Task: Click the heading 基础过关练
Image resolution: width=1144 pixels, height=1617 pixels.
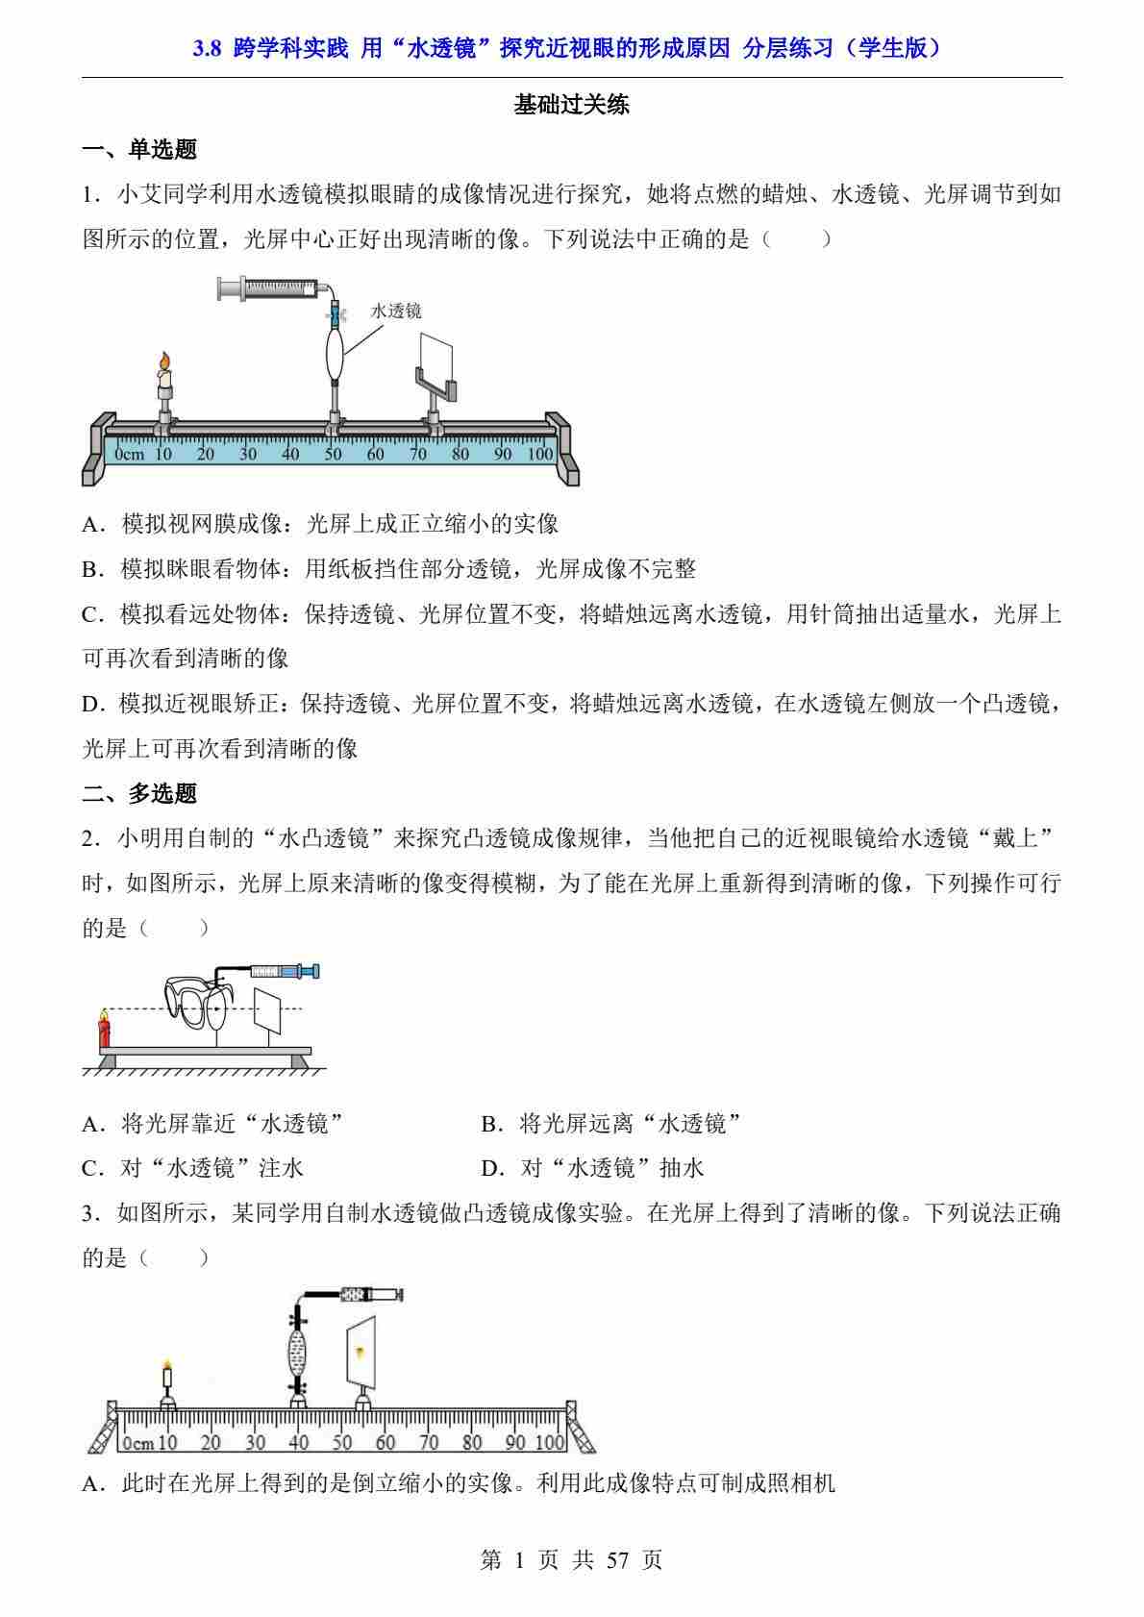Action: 571,105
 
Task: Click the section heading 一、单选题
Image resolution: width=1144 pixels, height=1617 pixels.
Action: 139,149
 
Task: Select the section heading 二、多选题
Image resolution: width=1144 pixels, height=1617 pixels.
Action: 139,793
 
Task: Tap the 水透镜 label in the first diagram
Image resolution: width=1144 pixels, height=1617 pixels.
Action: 395,311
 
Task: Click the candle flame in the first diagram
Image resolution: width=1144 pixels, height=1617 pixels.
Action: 165,361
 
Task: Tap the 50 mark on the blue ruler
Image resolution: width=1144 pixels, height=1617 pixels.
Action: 333,454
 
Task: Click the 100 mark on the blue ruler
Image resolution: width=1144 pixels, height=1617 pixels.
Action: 540,454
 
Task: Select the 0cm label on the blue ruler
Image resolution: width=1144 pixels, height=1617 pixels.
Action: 129,454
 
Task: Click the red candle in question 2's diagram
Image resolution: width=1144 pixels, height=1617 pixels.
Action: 104,1028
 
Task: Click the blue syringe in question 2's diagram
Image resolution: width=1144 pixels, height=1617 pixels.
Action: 286,971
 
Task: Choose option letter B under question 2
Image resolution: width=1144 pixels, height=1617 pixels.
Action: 491,1123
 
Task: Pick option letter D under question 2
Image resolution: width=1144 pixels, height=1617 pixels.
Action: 491,1168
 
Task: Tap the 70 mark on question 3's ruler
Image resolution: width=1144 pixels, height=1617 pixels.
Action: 429,1442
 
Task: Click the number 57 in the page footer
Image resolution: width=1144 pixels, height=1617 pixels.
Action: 618,1560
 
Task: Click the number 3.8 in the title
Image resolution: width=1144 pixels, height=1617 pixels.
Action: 207,48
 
